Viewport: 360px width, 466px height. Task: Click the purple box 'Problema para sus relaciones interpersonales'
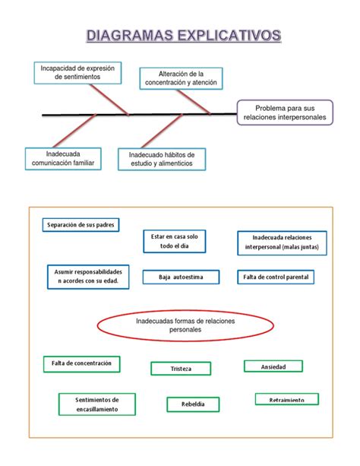[284, 113]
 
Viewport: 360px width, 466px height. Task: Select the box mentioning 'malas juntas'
[282, 242]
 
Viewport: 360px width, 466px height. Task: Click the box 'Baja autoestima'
[181, 277]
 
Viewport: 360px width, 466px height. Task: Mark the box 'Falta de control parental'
[275, 277]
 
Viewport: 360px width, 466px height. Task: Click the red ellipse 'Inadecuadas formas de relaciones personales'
[185, 328]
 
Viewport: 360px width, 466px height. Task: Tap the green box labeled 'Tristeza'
[181, 369]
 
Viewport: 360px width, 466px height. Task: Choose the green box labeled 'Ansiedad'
[273, 366]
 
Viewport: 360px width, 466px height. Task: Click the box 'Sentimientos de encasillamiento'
[96, 404]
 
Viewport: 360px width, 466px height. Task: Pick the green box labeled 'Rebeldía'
[193, 404]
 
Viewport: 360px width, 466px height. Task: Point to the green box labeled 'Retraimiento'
[286, 399]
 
